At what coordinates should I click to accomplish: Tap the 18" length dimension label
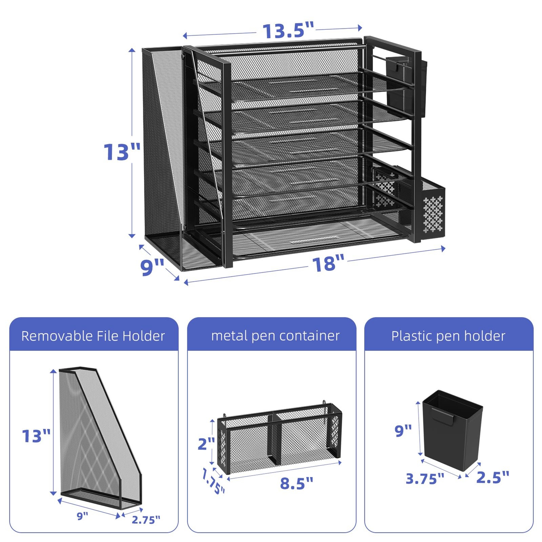328,264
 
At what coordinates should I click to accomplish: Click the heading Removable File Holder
93,336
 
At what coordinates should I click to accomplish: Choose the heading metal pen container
275,336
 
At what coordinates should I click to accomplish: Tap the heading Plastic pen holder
448,336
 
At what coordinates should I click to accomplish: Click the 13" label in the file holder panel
36,436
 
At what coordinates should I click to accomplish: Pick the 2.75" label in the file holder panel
146,520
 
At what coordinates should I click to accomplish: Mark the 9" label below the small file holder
82,516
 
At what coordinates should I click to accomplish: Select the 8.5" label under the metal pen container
297,483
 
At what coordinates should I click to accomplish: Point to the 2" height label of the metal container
206,443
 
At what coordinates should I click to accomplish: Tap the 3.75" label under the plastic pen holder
425,479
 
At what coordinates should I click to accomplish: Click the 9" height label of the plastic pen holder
403,431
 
